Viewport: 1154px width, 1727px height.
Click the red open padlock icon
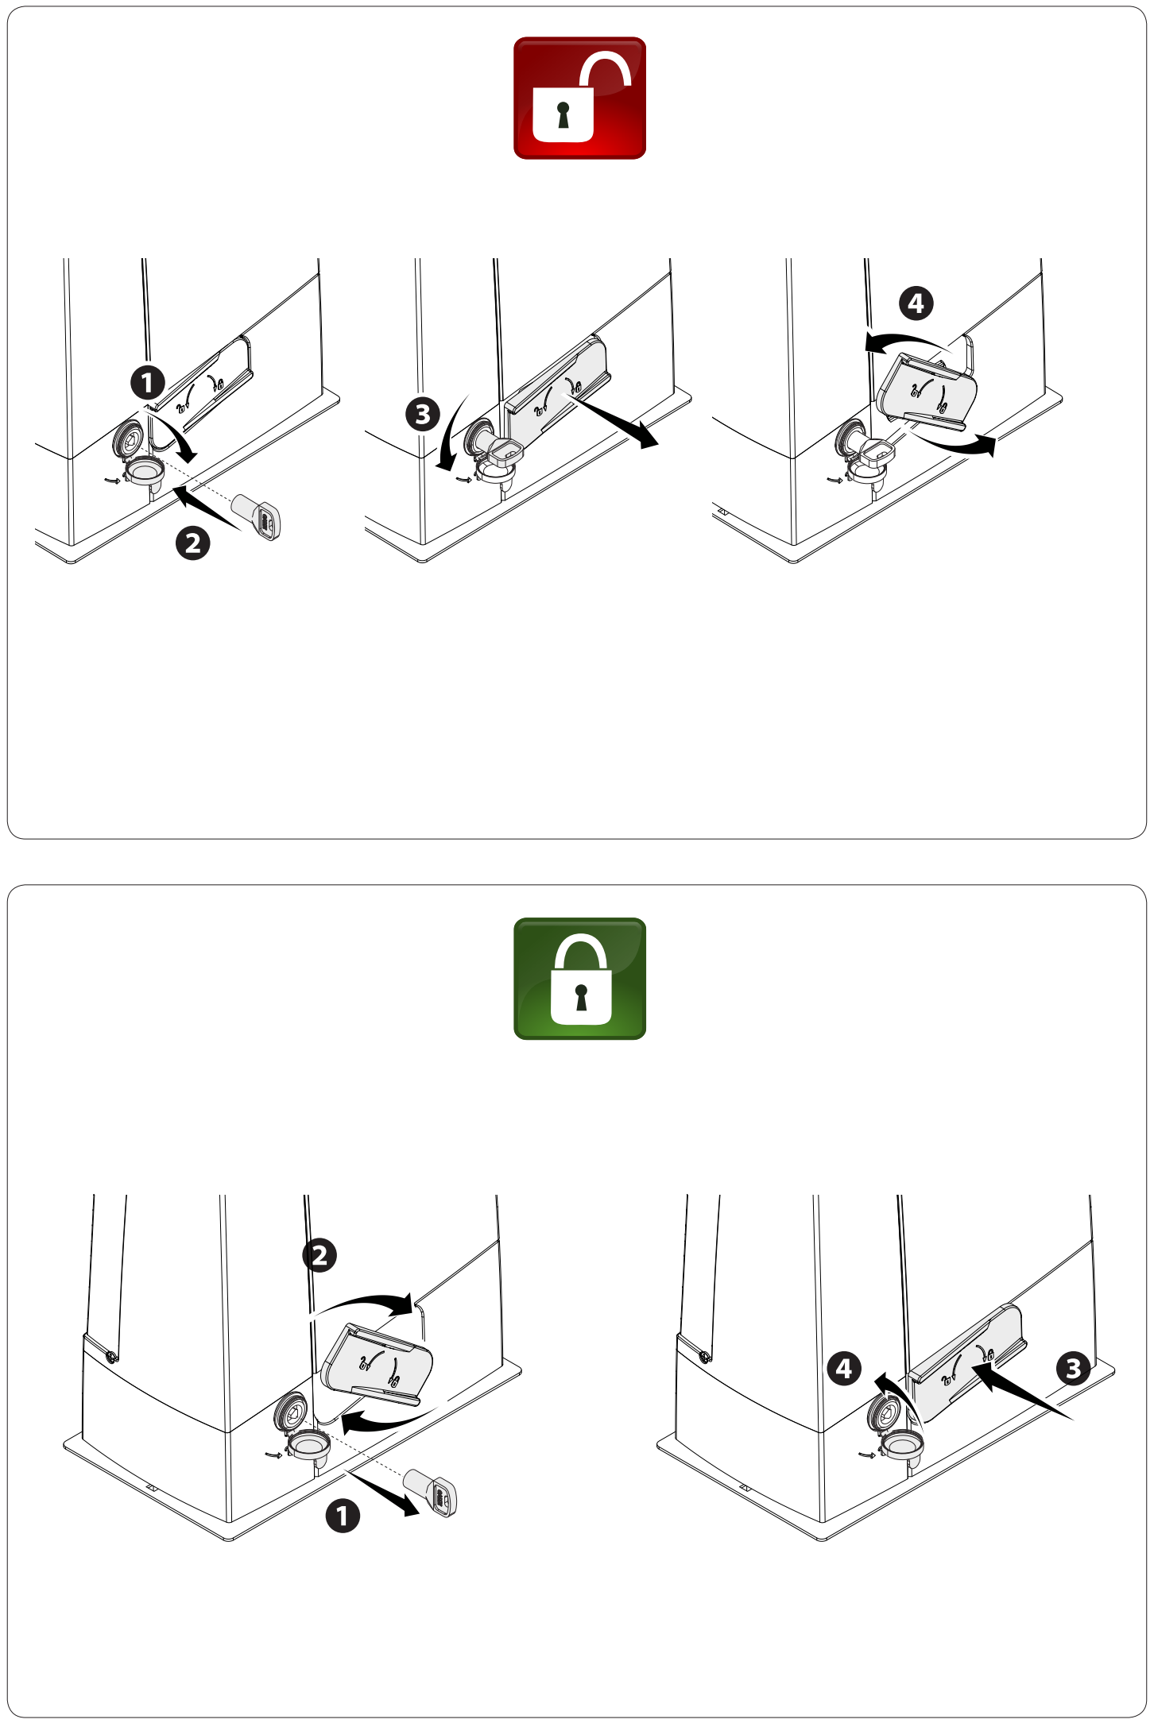click(x=579, y=98)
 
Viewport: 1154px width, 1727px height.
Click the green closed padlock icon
click(x=579, y=978)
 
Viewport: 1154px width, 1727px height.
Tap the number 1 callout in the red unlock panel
click(x=147, y=383)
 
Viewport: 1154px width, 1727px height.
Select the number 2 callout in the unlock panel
click(x=192, y=543)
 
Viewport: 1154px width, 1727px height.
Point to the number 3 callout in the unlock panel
click(x=422, y=414)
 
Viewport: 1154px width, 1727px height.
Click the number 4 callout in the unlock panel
click(x=916, y=303)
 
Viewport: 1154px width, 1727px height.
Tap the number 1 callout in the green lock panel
click(x=343, y=1516)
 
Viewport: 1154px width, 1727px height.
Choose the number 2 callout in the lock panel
click(x=319, y=1256)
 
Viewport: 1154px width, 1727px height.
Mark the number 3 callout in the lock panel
click(x=1072, y=1369)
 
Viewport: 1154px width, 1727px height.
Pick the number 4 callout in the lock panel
click(x=844, y=1369)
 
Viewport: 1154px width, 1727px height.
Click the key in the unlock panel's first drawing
click(x=256, y=516)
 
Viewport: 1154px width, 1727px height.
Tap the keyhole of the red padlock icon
click(x=563, y=114)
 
